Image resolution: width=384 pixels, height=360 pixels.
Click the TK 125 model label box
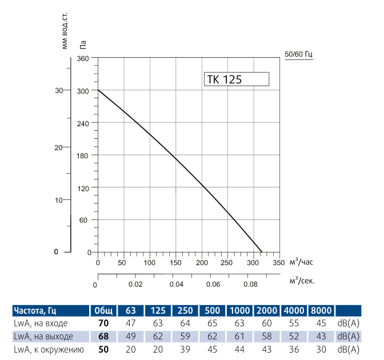pos(236,79)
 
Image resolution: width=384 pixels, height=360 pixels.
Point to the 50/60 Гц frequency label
pos(298,55)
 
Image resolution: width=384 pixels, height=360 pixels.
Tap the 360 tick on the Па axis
pos(85,58)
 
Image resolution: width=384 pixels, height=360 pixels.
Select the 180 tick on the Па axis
pos(85,155)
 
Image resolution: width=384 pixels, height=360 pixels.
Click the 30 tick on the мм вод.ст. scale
pos(58,90)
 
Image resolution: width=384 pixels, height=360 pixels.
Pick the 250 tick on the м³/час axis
pos(227,263)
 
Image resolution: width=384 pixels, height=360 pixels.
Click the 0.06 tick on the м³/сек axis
pos(213,284)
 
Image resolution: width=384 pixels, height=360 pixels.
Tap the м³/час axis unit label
pos(302,262)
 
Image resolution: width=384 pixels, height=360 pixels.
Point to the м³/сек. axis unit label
pos(302,281)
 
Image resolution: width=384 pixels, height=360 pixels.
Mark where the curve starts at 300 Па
pos(98,90)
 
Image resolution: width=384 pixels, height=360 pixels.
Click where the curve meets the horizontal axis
pos(262,252)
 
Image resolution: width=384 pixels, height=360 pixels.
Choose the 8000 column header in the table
pos(321,311)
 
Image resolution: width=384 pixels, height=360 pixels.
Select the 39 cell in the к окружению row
pos(185,349)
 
